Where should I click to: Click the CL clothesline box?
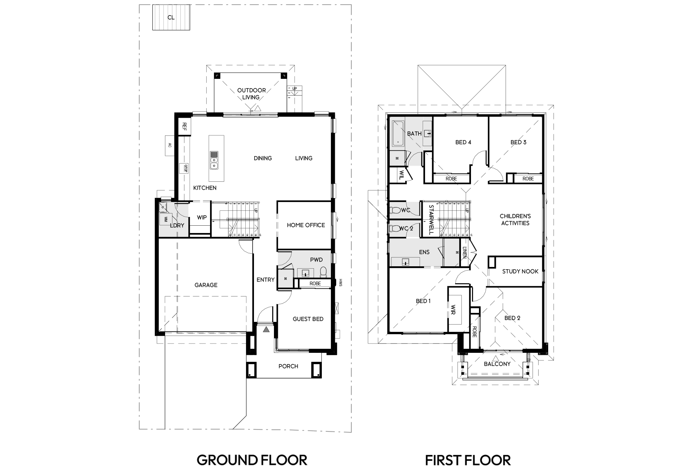click(x=171, y=17)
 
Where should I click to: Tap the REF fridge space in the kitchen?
click(x=184, y=126)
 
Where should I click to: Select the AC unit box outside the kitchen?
click(x=170, y=145)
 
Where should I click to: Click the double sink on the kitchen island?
click(x=214, y=160)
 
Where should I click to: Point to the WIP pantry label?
click(x=202, y=217)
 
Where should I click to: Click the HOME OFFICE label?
click(x=306, y=225)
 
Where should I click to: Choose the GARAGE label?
click(x=206, y=285)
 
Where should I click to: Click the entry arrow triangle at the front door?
click(x=266, y=330)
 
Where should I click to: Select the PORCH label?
click(x=288, y=366)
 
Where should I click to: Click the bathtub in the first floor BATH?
click(x=398, y=134)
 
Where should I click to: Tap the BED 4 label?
click(x=463, y=142)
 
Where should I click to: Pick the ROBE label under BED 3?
click(x=528, y=179)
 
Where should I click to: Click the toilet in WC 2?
click(x=395, y=229)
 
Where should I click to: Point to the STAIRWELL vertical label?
click(x=431, y=220)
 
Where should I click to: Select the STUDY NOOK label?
click(x=520, y=272)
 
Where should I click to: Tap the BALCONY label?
click(x=497, y=364)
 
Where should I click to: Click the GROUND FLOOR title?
click(x=252, y=460)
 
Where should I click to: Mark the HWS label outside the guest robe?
click(x=341, y=283)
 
